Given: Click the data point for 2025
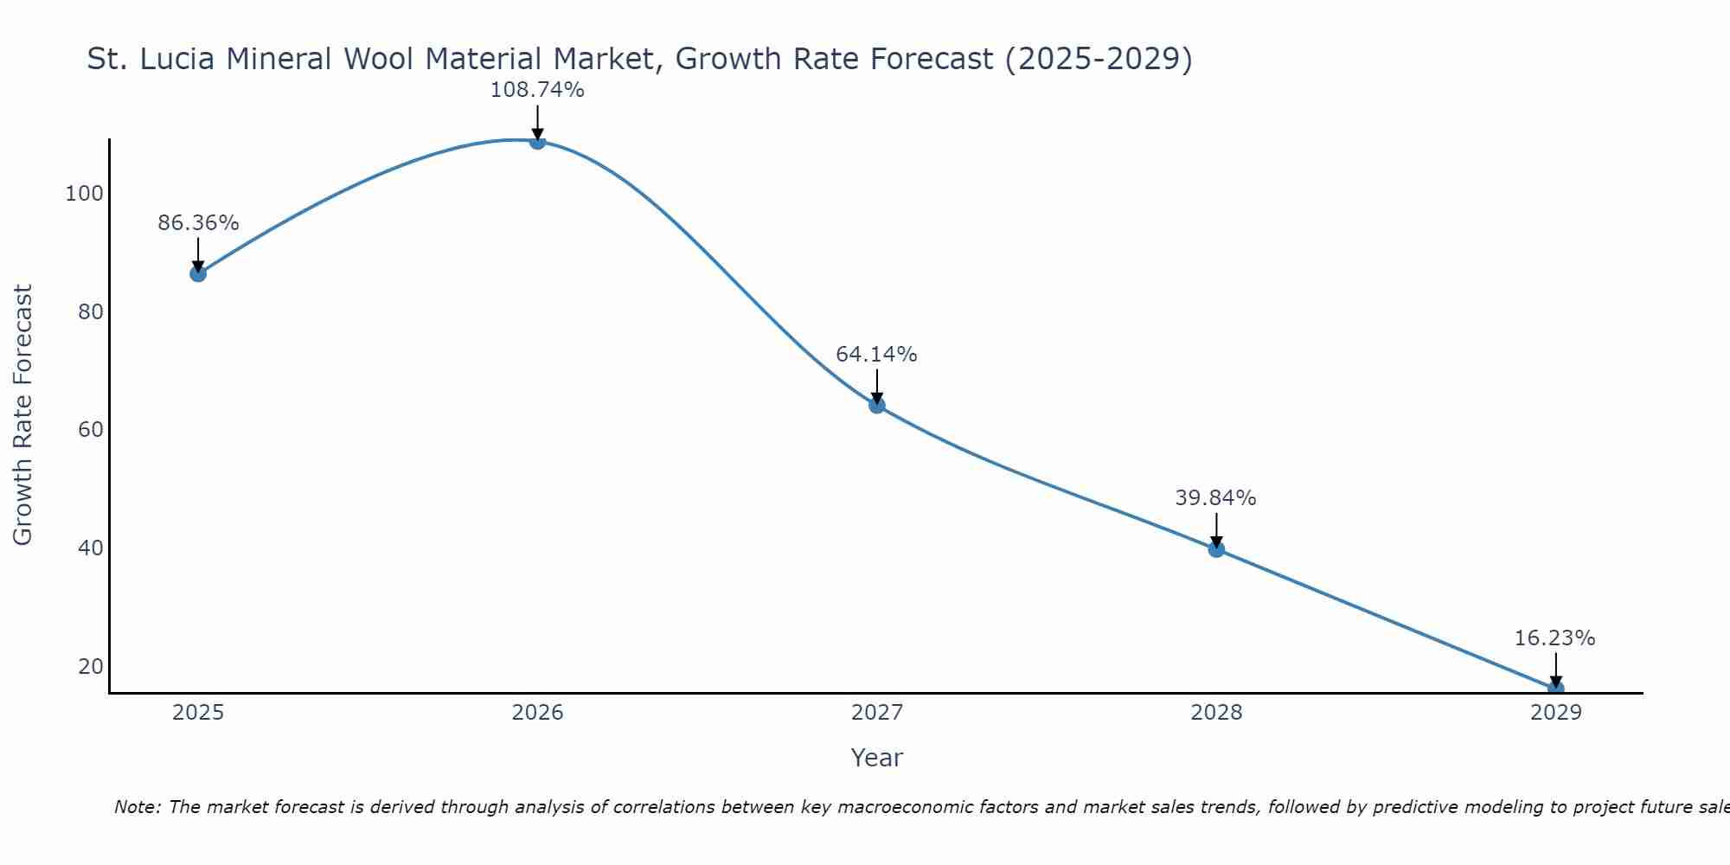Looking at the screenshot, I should [x=198, y=273].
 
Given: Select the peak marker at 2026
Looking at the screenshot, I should [x=537, y=141].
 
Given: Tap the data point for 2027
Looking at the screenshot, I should [x=877, y=405].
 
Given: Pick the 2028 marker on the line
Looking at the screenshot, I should [x=1216, y=548].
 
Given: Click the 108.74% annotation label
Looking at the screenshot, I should [x=537, y=90].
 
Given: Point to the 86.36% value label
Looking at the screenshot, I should [x=198, y=223].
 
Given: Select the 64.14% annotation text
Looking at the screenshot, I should [x=876, y=355].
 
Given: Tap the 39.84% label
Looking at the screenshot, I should [x=1215, y=498].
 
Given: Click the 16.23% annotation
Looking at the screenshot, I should [x=1554, y=638].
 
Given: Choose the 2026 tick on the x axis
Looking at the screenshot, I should [x=537, y=713].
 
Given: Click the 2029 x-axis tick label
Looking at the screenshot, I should [x=1555, y=713].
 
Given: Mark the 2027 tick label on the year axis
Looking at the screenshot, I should [x=877, y=713].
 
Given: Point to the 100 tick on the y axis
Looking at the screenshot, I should [x=84, y=194].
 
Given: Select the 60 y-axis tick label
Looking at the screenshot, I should [x=91, y=430].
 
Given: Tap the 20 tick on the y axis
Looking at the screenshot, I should [x=91, y=667].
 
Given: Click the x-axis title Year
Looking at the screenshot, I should [x=876, y=758].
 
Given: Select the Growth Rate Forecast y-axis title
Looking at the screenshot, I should [x=23, y=415].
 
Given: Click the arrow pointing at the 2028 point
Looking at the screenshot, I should [x=1216, y=529].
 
